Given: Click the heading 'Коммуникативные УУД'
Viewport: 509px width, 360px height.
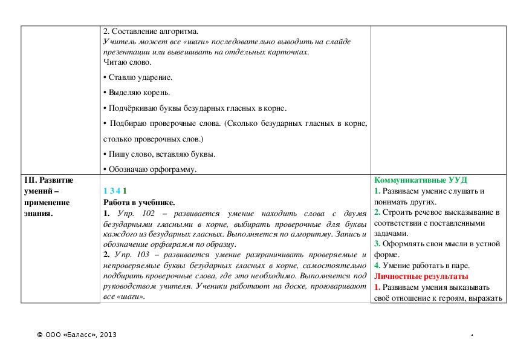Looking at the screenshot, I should (x=421, y=180).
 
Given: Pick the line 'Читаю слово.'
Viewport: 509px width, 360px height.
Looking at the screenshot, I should (x=128, y=62).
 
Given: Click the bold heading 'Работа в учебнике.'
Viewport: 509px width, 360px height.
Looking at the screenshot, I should (x=139, y=202).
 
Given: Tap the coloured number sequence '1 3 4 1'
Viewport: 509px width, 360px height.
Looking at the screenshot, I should (x=115, y=191).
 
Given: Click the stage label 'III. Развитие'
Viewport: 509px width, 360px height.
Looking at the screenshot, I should (x=48, y=180).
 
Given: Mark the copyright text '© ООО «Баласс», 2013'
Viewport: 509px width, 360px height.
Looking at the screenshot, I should (x=77, y=335).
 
